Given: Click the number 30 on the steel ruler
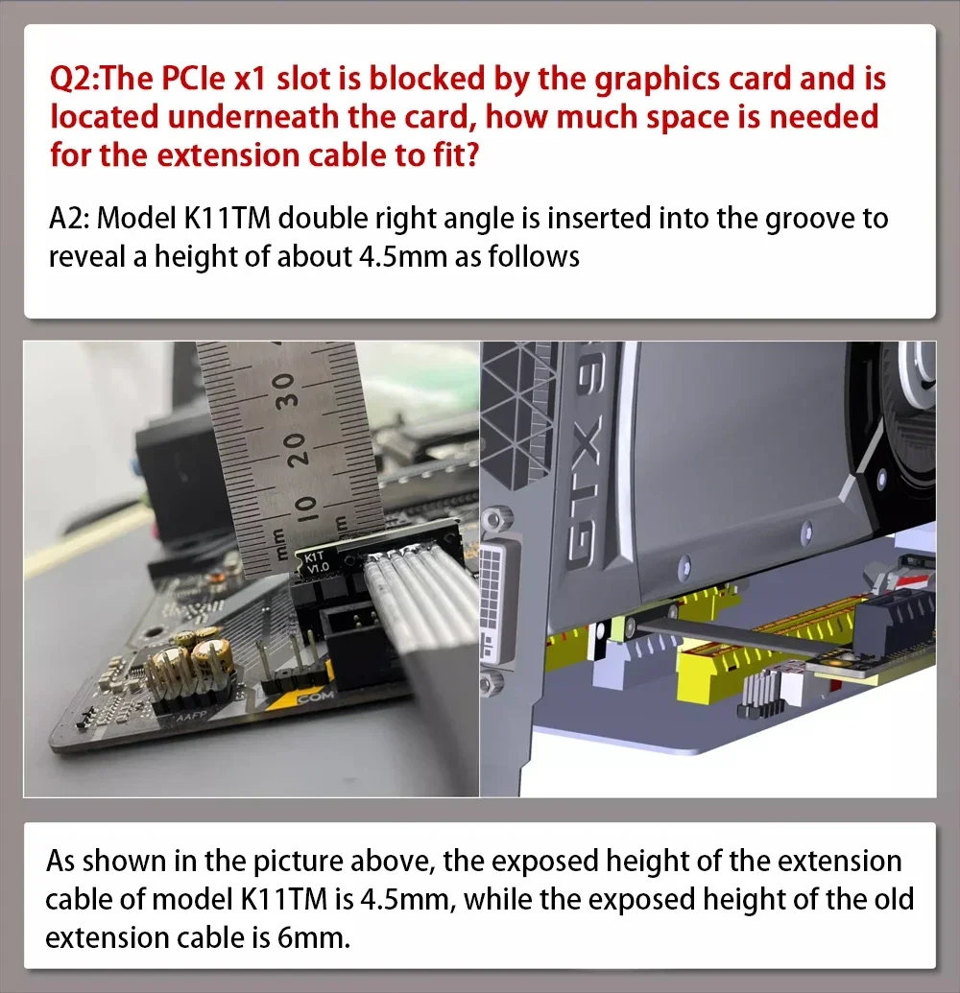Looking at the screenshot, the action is click(x=285, y=390).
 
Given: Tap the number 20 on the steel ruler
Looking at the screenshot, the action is click(x=294, y=450).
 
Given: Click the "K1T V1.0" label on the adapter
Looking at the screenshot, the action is click(x=315, y=561).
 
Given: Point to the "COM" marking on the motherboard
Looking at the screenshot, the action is click(x=314, y=697).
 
